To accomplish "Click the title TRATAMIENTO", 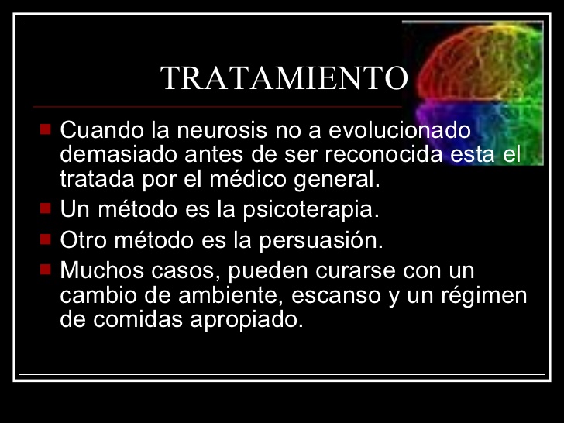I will coord(284,78).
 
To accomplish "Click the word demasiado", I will coord(119,154).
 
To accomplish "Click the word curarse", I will coord(355,270).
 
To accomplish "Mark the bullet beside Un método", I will coord(46,208).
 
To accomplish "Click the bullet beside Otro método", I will coord(46,238).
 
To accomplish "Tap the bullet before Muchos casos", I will coord(46,269).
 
